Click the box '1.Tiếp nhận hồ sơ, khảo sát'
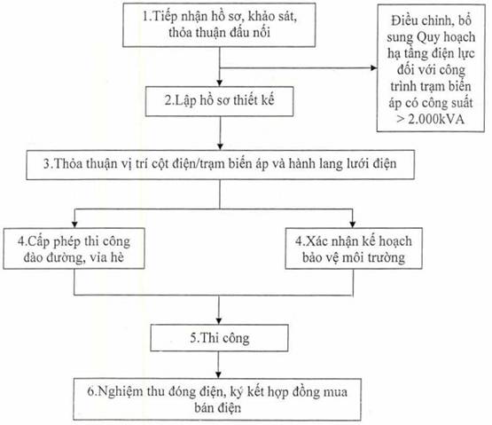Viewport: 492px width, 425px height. [x=219, y=25]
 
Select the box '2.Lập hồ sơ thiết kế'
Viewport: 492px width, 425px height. [x=219, y=101]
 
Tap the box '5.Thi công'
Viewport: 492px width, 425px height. [x=219, y=338]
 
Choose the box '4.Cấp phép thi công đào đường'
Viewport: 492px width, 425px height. [x=74, y=248]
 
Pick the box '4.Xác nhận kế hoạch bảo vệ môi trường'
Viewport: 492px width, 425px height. [x=354, y=248]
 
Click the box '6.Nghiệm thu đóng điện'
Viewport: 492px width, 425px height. [x=217, y=399]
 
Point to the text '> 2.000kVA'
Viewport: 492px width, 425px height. [x=430, y=120]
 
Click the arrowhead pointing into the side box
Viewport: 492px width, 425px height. [x=374, y=67]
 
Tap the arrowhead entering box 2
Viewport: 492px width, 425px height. [x=220, y=83]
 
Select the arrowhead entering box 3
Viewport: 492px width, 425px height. [x=220, y=146]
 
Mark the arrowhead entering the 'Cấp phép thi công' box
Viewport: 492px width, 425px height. [x=74, y=224]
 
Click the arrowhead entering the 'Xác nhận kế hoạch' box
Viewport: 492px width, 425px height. [x=352, y=224]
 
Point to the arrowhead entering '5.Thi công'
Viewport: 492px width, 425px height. [x=219, y=320]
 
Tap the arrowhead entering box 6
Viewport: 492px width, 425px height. [x=218, y=374]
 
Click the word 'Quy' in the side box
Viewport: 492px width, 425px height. [x=426, y=38]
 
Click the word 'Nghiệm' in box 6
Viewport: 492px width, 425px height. [x=120, y=392]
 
